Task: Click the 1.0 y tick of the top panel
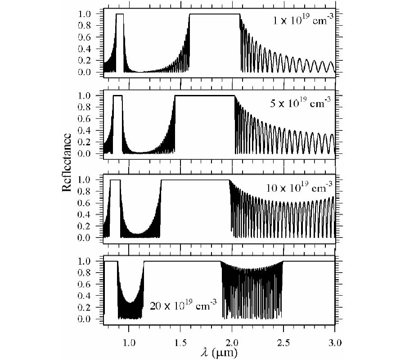click(92, 14)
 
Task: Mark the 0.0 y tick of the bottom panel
click(92, 319)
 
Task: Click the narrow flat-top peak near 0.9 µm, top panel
click(120, 14)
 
